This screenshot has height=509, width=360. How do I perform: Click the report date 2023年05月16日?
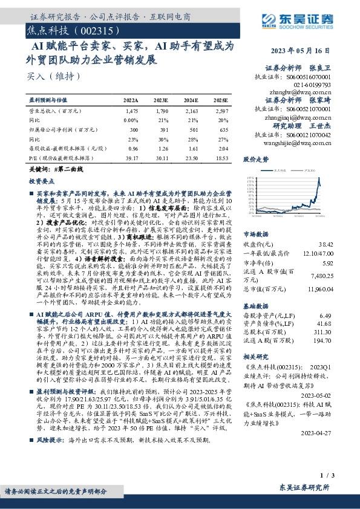[x=304, y=51]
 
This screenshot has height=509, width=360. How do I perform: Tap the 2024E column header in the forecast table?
[x=191, y=100]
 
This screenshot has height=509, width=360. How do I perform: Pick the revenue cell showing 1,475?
[x=132, y=111]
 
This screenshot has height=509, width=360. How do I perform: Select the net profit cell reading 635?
[x=223, y=129]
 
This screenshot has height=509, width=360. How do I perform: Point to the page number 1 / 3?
[x=325, y=477]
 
